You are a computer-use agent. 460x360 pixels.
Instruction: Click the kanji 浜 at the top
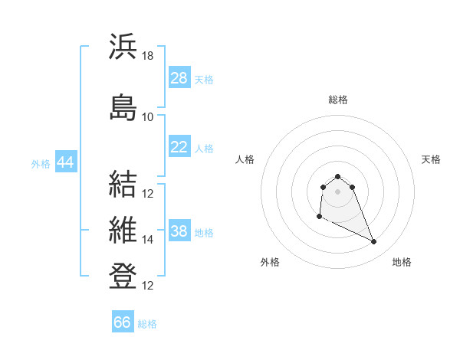coord(123,46)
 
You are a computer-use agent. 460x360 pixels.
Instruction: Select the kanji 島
coord(123,107)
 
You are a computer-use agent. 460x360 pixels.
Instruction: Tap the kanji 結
coord(123,184)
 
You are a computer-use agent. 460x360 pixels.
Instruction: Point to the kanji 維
coord(123,230)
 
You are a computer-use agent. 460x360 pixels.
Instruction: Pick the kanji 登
coord(123,276)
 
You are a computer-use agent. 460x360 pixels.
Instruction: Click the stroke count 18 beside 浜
coord(147,56)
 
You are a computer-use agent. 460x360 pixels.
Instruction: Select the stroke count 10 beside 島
coord(147,117)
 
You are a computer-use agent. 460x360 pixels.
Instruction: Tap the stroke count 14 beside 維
coord(147,240)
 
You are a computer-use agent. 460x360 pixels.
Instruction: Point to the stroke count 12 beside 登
coord(147,286)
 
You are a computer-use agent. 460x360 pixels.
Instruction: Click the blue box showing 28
coord(179,77)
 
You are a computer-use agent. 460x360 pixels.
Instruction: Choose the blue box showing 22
coord(179,146)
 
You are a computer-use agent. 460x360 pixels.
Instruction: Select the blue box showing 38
coord(179,230)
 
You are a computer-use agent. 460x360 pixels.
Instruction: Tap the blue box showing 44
coord(66,162)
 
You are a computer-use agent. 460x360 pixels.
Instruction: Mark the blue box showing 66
coord(123,321)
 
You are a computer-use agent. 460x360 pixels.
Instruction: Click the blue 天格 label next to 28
coord(204,80)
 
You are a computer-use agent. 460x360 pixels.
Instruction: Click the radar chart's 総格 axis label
coord(338,100)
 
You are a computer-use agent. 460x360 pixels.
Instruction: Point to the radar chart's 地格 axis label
coord(402,262)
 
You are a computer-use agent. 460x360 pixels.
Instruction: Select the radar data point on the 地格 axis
coord(374,241)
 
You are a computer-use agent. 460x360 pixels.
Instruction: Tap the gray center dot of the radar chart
coord(337,191)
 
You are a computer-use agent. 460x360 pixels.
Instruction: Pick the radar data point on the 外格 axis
coord(320,217)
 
